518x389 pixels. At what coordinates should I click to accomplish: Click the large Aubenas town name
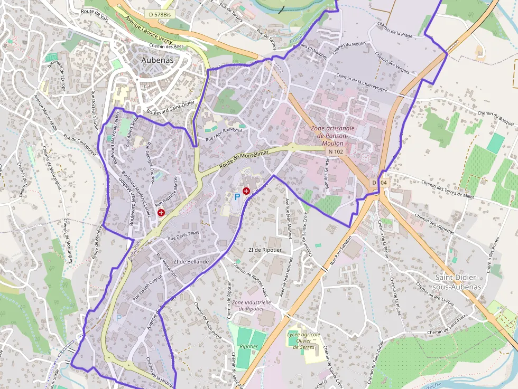(x=158, y=60)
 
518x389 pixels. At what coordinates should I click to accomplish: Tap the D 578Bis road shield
(x=160, y=14)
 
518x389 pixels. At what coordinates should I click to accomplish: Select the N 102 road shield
(x=336, y=151)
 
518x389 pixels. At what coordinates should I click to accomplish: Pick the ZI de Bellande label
(x=191, y=262)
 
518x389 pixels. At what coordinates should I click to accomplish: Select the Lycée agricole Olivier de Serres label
(x=304, y=340)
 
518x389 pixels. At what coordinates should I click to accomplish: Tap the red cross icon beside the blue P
(x=246, y=191)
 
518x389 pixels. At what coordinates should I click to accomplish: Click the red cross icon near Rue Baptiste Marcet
(x=161, y=212)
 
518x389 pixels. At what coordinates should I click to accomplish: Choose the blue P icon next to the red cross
(x=237, y=196)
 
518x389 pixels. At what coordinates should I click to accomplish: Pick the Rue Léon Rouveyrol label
(x=223, y=134)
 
